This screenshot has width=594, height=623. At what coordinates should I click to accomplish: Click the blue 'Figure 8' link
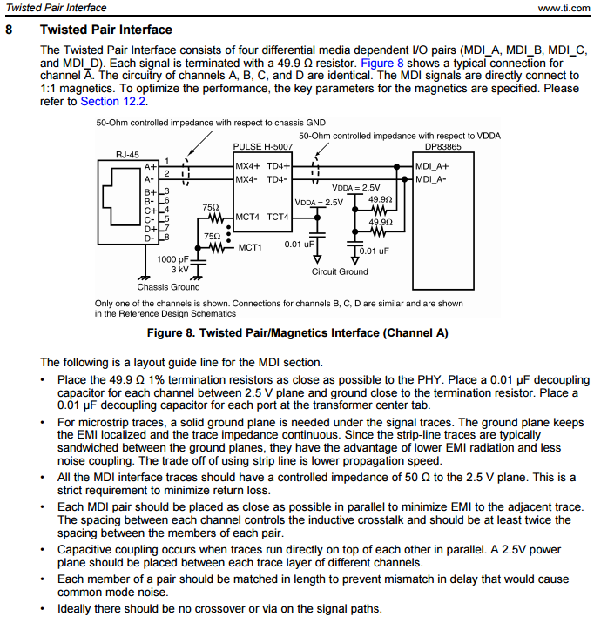pyautogui.click(x=382, y=64)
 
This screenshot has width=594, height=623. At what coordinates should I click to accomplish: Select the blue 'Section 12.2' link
pyautogui.click(x=113, y=101)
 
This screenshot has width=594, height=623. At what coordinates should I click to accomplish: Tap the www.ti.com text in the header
pyautogui.click(x=564, y=8)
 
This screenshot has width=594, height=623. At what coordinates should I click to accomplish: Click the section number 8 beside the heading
pyautogui.click(x=9, y=30)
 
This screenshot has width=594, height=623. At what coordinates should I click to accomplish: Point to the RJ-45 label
pyautogui.click(x=127, y=155)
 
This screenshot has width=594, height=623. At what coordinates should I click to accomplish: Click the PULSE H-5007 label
pyautogui.click(x=263, y=146)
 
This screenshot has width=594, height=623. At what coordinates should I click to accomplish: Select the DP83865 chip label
pyautogui.click(x=443, y=146)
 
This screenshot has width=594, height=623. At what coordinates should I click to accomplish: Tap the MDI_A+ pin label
pyautogui.click(x=432, y=166)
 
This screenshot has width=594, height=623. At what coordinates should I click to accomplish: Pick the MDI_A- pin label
pyautogui.click(x=430, y=179)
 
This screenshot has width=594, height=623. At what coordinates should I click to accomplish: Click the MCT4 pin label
pyautogui.click(x=247, y=217)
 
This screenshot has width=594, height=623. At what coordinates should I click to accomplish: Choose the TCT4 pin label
pyautogui.click(x=278, y=217)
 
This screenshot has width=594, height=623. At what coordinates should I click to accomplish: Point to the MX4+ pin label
pyautogui.click(x=247, y=166)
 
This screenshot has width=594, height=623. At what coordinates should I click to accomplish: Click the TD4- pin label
pyautogui.click(x=277, y=179)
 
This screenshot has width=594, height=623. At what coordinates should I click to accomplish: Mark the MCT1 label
pyautogui.click(x=250, y=247)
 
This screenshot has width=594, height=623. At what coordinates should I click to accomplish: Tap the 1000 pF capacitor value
pyautogui.click(x=172, y=259)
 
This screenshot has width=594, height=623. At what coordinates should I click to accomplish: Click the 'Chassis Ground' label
pyautogui.click(x=169, y=287)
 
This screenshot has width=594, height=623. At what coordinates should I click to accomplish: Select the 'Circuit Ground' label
pyautogui.click(x=340, y=271)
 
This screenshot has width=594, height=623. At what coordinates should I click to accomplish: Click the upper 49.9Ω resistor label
pyautogui.click(x=381, y=199)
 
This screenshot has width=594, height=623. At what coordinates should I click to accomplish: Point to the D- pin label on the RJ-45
pyautogui.click(x=150, y=238)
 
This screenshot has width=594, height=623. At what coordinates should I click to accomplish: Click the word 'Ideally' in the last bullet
pyautogui.click(x=73, y=609)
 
